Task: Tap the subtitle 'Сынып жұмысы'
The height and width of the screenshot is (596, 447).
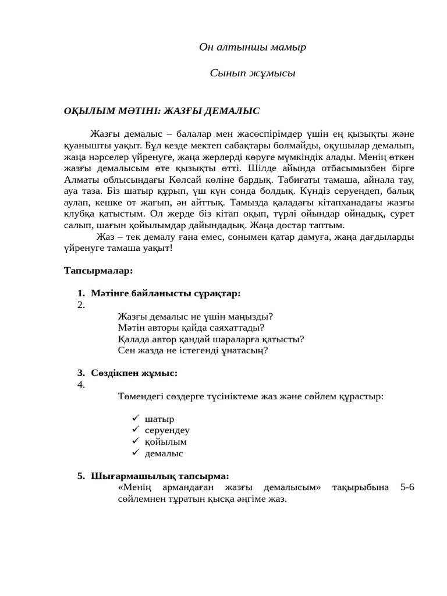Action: (252, 73)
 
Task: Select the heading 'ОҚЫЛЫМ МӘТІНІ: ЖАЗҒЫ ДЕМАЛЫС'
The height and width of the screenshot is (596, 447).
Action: (162, 111)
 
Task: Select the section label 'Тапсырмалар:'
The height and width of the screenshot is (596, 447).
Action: (98, 270)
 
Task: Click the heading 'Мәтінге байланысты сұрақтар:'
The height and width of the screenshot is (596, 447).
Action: (165, 293)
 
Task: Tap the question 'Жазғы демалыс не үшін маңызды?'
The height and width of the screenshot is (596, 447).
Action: (195, 317)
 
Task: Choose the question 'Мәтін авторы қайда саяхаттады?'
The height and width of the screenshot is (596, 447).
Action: (191, 328)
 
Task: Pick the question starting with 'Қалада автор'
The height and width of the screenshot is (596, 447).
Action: (211, 339)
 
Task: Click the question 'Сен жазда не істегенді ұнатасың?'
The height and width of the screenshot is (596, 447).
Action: (193, 350)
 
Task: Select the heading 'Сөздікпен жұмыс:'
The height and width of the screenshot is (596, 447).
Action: (134, 373)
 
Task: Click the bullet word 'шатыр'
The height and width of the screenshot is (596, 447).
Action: (159, 419)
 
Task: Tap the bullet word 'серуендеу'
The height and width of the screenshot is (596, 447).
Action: (167, 430)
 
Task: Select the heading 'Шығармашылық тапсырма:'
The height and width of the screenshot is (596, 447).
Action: (159, 476)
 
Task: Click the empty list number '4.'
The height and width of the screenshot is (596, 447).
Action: (81, 385)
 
